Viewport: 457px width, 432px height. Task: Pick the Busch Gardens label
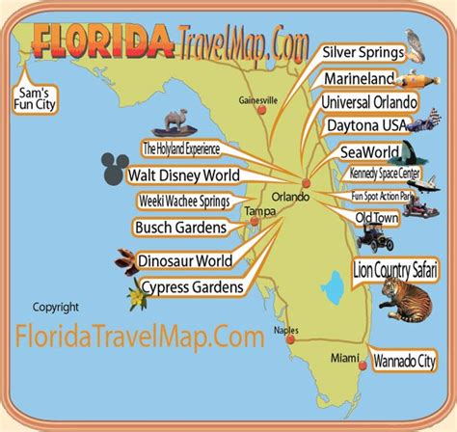point(181,228)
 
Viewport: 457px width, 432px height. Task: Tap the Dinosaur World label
point(187,260)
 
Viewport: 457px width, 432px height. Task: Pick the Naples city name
point(283,330)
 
